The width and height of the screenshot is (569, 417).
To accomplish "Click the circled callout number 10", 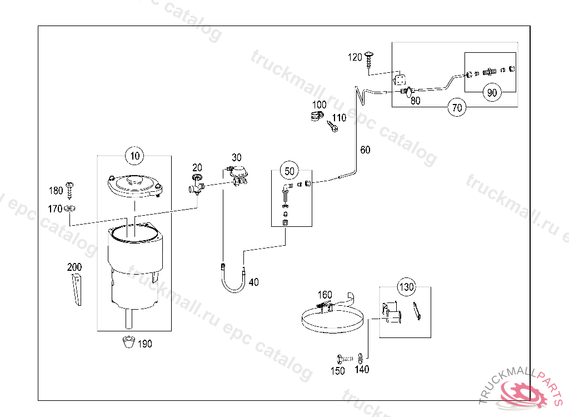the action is tap(134, 156).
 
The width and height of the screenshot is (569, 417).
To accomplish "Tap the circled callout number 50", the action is tap(289, 171).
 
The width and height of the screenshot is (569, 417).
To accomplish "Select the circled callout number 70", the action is tap(457, 107).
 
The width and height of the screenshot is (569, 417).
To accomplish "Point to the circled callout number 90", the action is tap(492, 92).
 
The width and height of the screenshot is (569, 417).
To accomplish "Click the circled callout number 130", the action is tap(406, 287).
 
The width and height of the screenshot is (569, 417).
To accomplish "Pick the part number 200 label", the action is tap(74, 267).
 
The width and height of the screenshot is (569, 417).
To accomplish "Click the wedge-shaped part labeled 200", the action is tap(77, 290).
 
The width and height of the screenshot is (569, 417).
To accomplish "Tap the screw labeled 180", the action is tap(69, 191).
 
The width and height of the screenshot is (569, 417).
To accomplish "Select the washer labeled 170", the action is tap(69, 209).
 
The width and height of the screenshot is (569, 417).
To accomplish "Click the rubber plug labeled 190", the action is tap(129, 342).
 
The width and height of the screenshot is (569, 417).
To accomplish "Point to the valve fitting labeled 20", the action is tap(197, 185).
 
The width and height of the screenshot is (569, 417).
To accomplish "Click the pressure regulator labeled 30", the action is tap(237, 174).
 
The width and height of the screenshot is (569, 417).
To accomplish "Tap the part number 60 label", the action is tap(365, 150).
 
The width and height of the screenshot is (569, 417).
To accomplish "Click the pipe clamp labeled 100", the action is tap(317, 116).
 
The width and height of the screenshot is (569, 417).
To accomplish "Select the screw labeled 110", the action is tap(333, 127).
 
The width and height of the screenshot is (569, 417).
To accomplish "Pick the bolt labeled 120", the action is tap(369, 59).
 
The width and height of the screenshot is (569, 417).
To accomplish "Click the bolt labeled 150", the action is tap(345, 359).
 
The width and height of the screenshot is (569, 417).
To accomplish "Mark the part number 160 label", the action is tap(325, 295).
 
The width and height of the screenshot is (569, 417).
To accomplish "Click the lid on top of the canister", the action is tap(134, 186).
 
